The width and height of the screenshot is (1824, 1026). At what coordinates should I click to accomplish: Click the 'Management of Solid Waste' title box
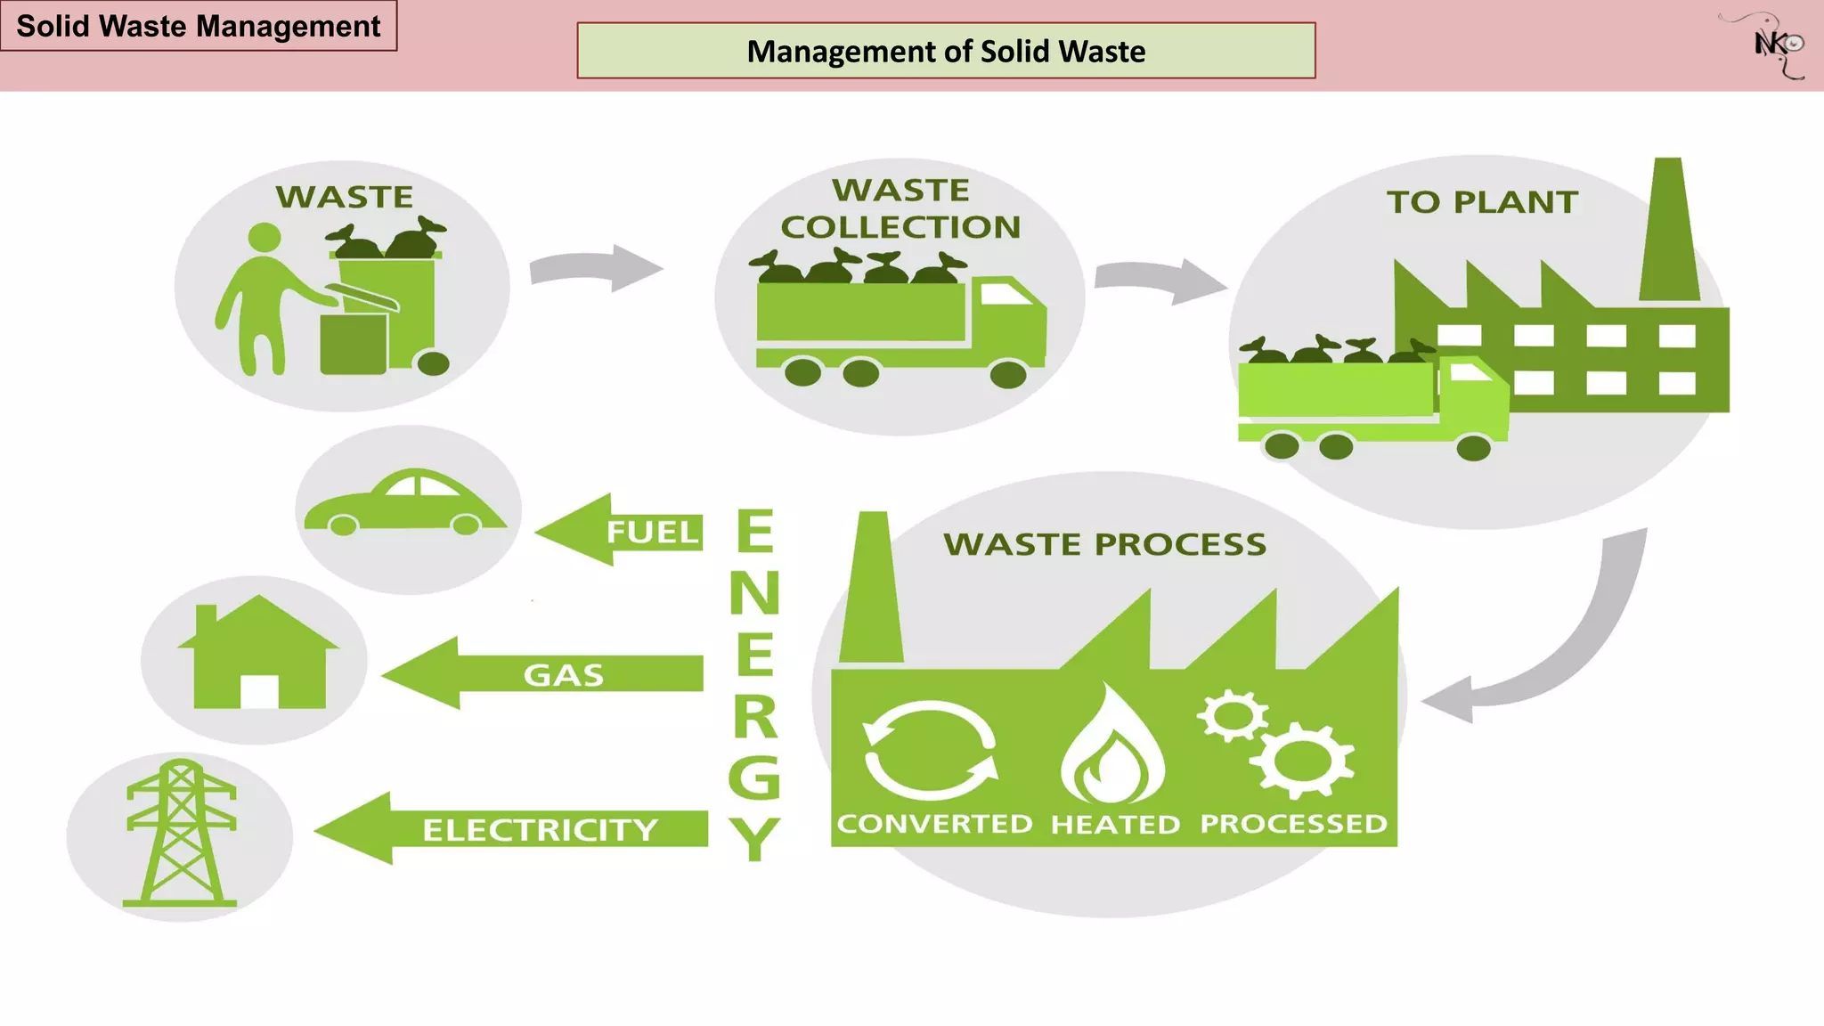946,51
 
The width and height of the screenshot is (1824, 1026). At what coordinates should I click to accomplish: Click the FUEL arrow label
652,532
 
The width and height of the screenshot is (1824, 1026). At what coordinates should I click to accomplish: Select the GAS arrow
543,674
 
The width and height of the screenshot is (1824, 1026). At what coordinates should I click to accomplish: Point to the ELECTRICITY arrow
512,829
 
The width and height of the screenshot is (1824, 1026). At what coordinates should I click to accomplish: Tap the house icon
258,655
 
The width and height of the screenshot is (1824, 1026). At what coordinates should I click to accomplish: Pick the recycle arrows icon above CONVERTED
931,750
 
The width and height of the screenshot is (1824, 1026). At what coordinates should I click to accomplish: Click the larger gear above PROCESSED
1301,759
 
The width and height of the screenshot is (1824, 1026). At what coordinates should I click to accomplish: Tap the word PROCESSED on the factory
1293,824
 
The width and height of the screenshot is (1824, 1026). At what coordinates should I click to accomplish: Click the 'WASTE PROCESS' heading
1104,544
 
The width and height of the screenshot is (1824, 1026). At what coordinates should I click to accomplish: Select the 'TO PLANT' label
1482,202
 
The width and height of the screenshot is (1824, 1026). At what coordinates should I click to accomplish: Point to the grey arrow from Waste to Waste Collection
595,268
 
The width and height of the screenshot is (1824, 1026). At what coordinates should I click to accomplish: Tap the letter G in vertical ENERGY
754,777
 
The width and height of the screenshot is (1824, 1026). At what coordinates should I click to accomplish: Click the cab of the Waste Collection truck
1009,321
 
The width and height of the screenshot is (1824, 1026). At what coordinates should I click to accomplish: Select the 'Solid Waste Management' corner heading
199,26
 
